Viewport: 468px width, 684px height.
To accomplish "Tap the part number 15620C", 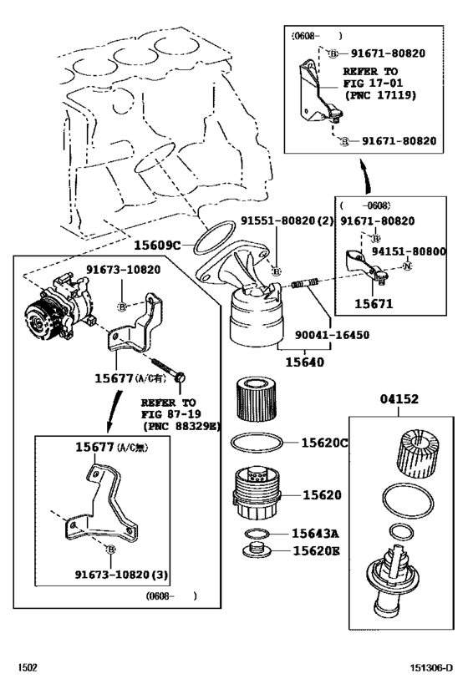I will coord(324,442).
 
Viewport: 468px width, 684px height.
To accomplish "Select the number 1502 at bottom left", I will coord(29,667).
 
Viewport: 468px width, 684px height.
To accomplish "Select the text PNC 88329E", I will coord(181,425).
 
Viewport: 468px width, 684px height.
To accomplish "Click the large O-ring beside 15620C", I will coord(258,443).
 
